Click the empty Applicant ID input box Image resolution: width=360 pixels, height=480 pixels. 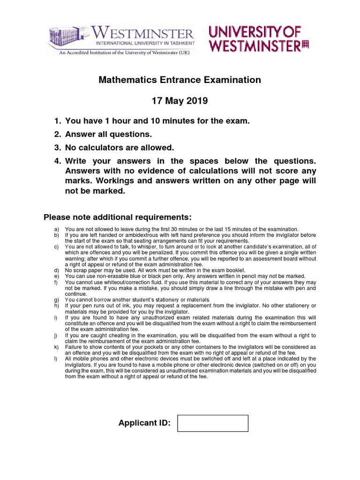point(213,423)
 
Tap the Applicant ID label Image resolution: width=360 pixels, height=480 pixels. point(144,424)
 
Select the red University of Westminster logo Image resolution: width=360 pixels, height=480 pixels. point(259,38)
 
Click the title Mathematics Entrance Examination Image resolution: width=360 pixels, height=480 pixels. point(180,80)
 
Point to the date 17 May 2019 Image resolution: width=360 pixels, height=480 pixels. point(180,101)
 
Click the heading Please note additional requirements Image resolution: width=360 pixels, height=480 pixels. point(118,217)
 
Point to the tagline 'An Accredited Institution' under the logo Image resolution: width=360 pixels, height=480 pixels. point(120,53)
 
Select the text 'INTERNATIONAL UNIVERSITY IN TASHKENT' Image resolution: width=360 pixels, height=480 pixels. point(145,43)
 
